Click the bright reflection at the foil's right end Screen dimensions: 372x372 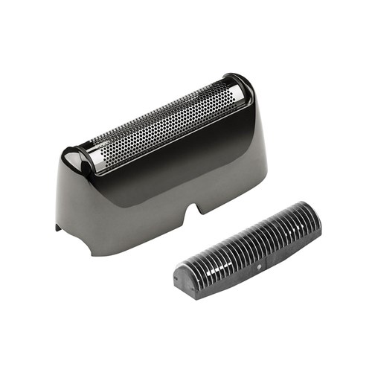point(236,93)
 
